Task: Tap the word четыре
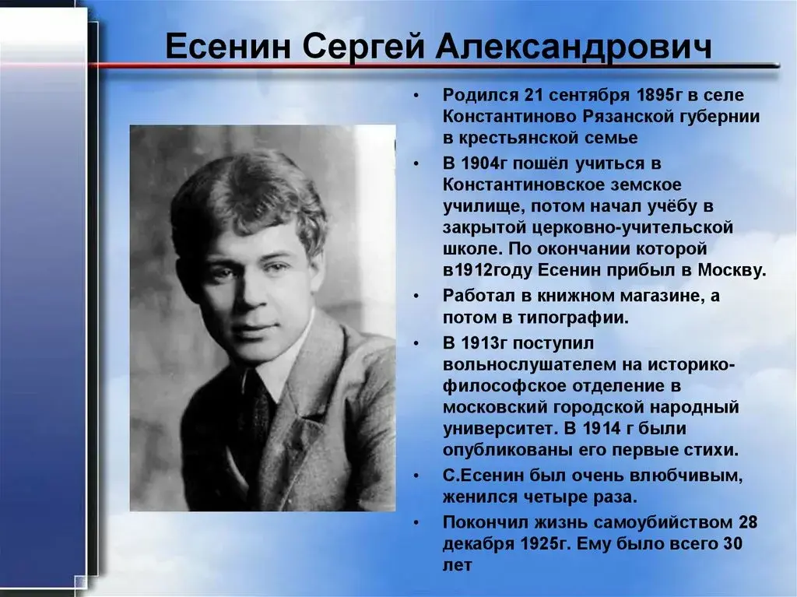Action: (x=578, y=497)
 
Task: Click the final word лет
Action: (x=457, y=565)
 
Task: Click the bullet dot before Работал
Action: (x=417, y=297)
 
